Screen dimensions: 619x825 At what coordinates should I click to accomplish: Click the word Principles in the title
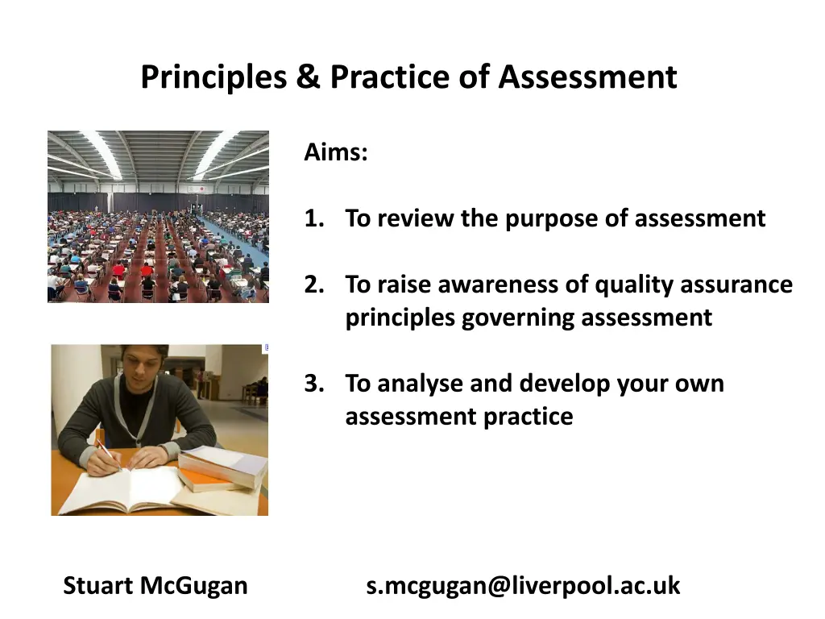(x=214, y=78)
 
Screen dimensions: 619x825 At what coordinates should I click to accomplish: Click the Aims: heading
(x=336, y=152)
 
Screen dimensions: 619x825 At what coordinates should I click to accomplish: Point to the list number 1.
(x=313, y=218)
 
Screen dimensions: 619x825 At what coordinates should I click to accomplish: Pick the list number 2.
(x=313, y=285)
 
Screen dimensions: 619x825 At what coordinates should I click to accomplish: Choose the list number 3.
(x=313, y=384)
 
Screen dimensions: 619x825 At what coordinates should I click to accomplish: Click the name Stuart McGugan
(x=155, y=585)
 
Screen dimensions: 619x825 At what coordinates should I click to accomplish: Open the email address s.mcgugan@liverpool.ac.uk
(x=523, y=585)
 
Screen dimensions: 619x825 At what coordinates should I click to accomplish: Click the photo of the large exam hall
(x=158, y=217)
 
